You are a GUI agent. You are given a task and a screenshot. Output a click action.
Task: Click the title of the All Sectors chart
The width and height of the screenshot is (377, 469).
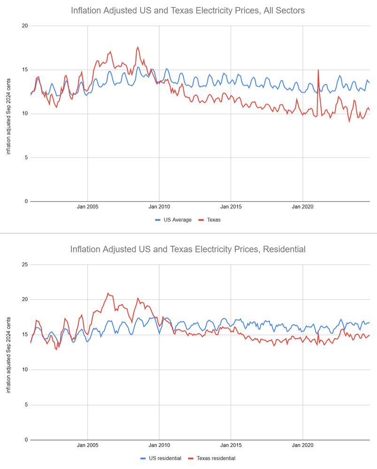(188, 10)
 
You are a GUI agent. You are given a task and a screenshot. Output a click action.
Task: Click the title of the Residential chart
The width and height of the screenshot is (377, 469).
(188, 249)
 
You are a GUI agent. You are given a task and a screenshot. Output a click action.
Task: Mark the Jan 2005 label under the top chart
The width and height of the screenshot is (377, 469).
(88, 206)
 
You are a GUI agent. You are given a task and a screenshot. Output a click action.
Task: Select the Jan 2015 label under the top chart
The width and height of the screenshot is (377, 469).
(231, 206)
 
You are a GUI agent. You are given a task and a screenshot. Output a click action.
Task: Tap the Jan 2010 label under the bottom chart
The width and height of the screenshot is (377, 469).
(159, 445)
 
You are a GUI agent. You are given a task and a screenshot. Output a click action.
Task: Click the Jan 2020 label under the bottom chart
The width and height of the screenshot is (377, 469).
(303, 445)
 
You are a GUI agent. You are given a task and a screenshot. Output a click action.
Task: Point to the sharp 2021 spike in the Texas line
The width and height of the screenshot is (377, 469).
(318, 70)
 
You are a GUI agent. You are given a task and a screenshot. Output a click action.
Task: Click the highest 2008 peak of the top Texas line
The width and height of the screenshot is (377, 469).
(138, 47)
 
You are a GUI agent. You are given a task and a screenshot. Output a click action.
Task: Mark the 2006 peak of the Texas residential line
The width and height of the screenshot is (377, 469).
(108, 294)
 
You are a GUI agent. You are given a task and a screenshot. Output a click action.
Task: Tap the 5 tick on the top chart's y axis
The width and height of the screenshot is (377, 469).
(25, 158)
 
